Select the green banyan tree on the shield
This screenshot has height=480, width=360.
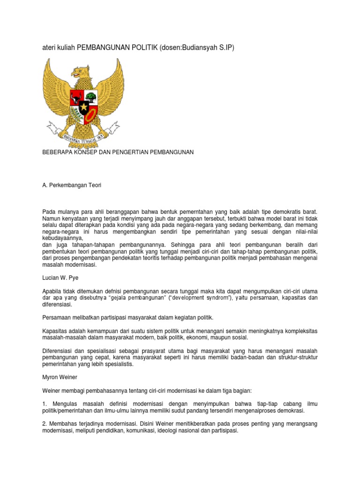(90, 97)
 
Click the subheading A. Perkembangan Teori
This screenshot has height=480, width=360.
(72, 185)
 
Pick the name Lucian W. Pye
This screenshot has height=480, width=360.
(61, 278)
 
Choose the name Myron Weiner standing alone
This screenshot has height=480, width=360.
(60, 376)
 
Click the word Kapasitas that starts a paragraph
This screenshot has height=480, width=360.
(55, 331)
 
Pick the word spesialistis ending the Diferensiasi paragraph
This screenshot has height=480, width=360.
(117, 364)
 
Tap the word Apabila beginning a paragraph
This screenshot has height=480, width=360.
(53, 291)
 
